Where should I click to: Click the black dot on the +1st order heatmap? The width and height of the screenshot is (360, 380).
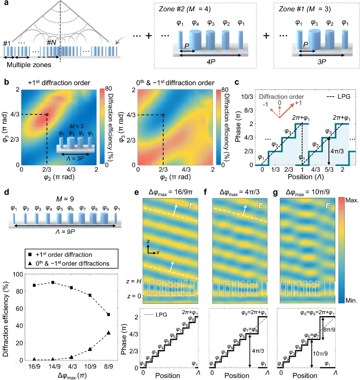(47, 115)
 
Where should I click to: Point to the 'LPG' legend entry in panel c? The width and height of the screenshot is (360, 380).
(341, 97)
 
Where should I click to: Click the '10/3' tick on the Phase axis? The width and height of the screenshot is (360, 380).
(249, 97)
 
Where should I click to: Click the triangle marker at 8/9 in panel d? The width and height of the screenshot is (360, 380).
(109, 332)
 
